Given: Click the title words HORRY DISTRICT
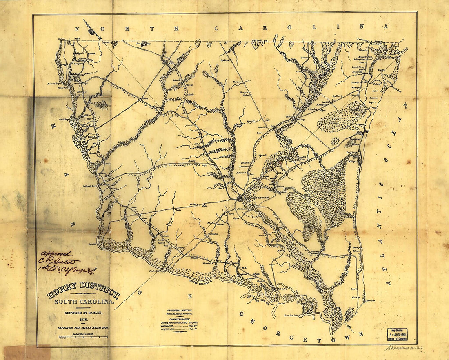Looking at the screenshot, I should click(x=83, y=294).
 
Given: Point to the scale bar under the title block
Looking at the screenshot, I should click(x=83, y=337).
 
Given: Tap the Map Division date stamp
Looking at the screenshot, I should click(x=396, y=333).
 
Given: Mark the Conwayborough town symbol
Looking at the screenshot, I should click(x=240, y=198).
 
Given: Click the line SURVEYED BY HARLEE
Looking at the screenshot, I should click(x=83, y=313).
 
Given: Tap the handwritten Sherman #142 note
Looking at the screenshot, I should click(x=403, y=348).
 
